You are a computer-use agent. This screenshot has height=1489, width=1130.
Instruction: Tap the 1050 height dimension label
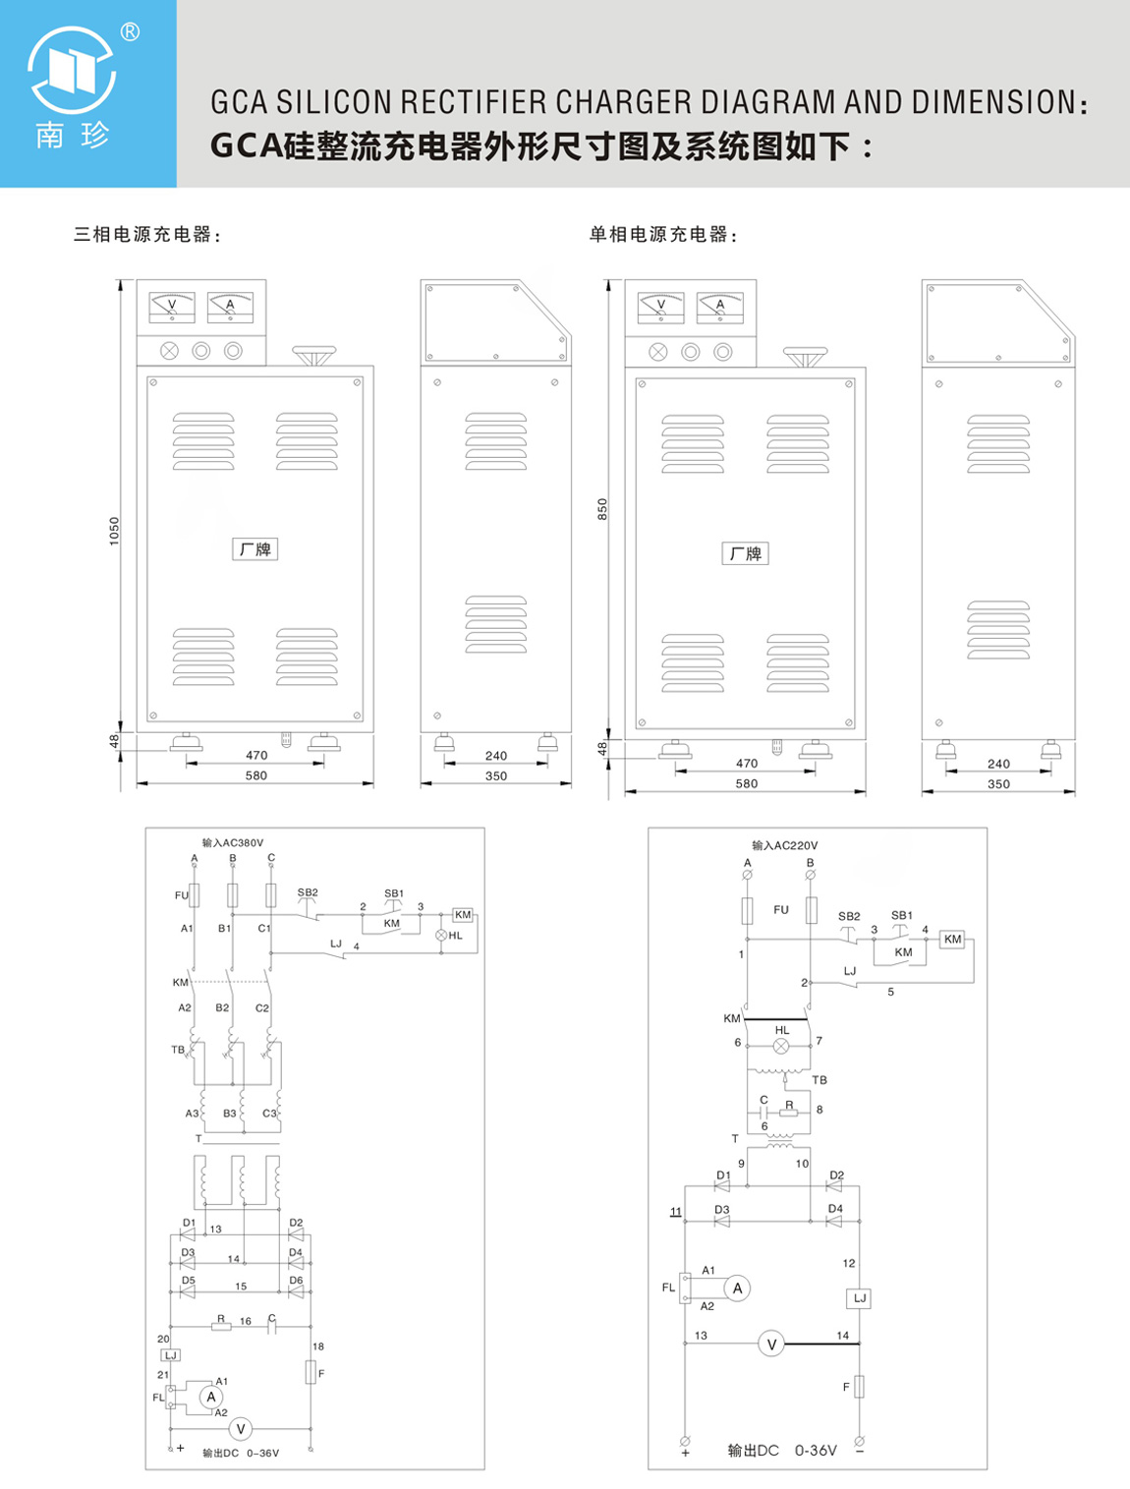coord(114,531)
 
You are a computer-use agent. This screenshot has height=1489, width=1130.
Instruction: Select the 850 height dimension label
coord(602,509)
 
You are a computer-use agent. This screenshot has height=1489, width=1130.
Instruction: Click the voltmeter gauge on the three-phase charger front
coord(172,308)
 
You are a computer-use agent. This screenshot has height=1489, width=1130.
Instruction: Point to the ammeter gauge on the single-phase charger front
coord(720,308)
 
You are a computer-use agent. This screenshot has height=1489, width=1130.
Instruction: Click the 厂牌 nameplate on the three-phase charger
coord(255,548)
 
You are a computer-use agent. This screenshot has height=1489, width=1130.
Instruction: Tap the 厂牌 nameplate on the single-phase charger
coord(745,553)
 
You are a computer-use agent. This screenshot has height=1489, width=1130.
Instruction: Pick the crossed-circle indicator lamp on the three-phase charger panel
coord(169,351)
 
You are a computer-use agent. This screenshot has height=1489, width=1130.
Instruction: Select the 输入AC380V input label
coord(233,842)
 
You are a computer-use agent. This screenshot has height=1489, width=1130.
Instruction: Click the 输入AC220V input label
coord(785,845)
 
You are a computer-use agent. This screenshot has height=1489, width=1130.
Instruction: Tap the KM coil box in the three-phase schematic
coord(463,914)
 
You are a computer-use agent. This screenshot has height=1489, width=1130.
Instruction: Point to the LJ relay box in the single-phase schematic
coord(860,1297)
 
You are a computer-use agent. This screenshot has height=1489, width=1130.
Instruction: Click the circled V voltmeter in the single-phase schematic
coord(771,1344)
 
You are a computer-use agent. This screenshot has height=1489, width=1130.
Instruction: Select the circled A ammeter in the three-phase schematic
coord(211,1397)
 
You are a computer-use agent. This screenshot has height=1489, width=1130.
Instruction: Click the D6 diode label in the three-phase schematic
coord(296,1280)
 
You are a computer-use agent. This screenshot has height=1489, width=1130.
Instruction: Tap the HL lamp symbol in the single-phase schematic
coord(781,1046)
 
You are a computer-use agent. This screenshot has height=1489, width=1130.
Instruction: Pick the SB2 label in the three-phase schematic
coord(308,892)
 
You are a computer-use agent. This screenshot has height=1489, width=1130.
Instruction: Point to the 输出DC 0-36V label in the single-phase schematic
coord(782,1451)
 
